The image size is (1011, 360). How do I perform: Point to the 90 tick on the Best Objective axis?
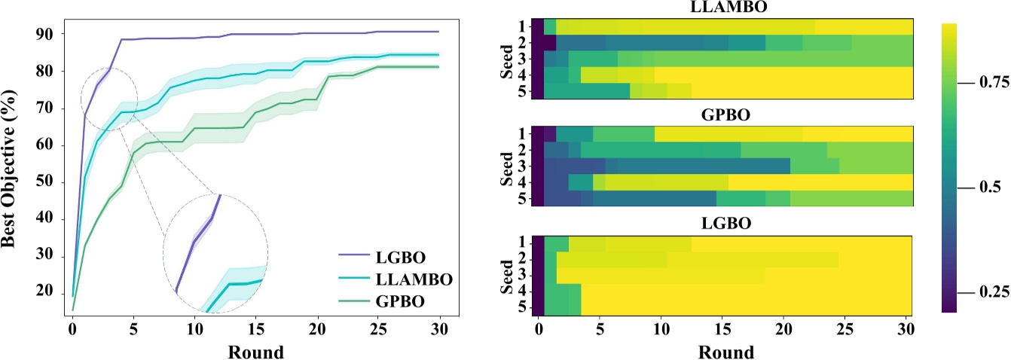click(50, 34)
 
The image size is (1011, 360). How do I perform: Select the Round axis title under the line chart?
click(255, 352)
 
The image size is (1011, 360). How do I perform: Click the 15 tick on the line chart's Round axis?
click(256, 330)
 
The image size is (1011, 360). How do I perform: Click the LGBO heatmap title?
click(722, 224)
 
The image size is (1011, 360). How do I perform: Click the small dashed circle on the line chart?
click(109, 99)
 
